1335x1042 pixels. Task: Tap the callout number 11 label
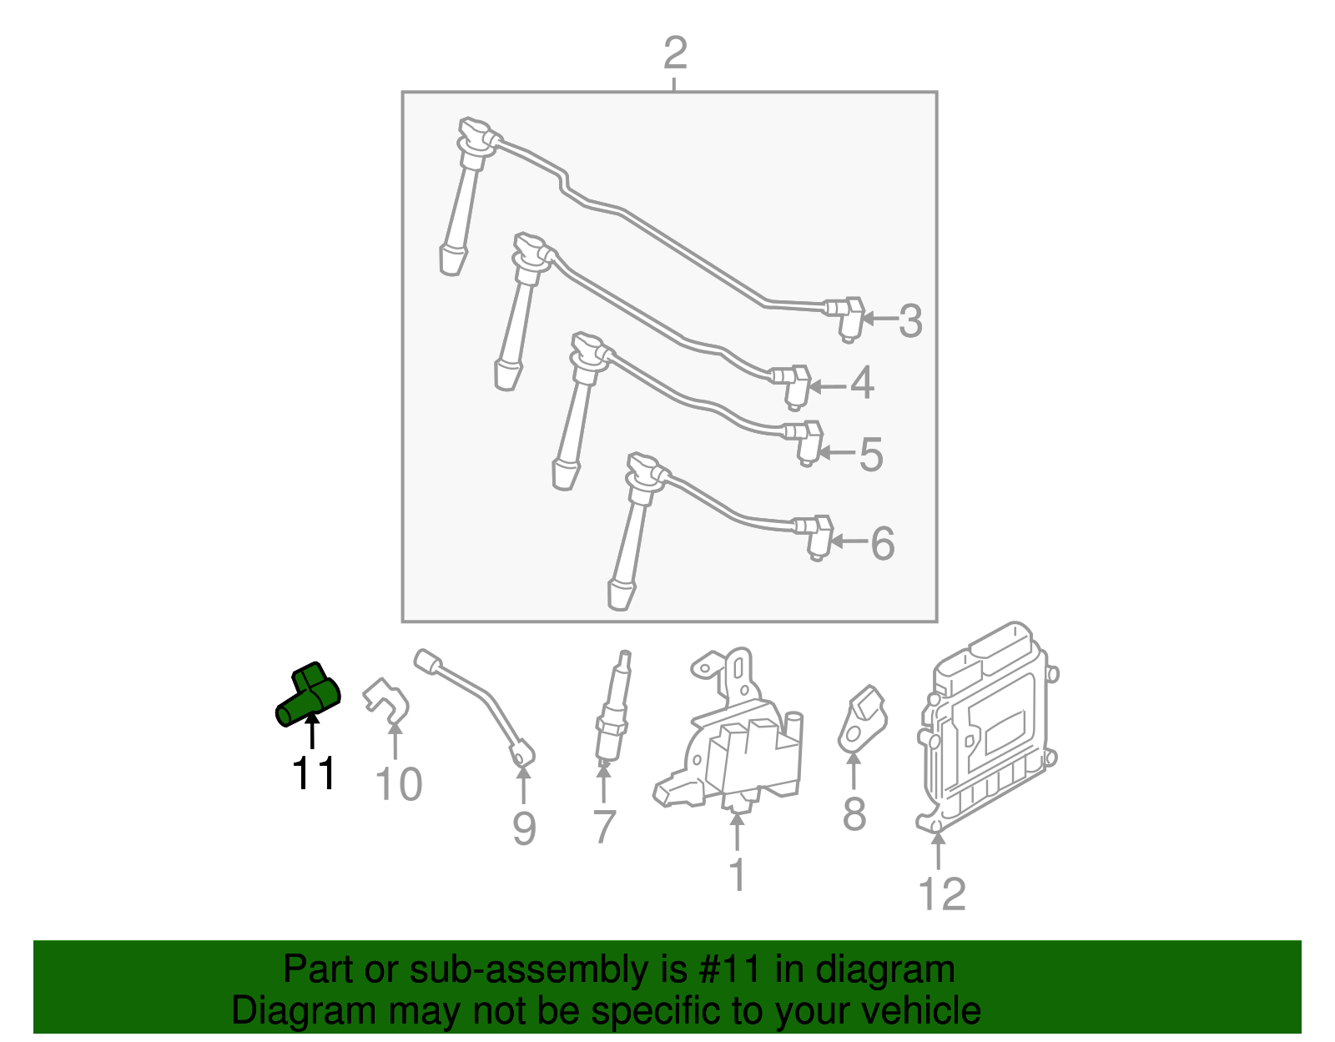point(314,773)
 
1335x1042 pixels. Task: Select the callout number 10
point(398,784)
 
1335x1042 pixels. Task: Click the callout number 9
point(523,828)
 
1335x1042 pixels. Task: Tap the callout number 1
point(737,874)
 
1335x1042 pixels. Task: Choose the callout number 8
point(854,814)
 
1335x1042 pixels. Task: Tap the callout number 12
point(941,894)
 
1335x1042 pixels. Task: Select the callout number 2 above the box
point(674,53)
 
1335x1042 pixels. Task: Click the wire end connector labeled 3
point(845,316)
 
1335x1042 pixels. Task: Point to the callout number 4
point(862,384)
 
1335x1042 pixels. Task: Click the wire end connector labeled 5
point(804,440)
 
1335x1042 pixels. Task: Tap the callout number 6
point(882,544)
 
